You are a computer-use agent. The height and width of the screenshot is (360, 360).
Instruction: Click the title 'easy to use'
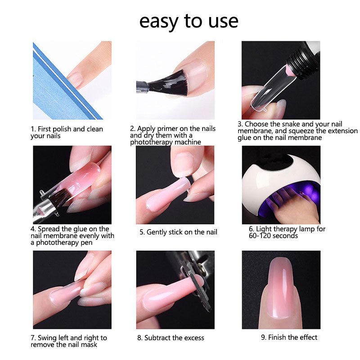coord(189,22)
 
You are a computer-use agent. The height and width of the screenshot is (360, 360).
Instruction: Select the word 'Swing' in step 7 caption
coord(47,338)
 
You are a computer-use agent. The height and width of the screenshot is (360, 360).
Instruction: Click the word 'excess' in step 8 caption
coord(194,338)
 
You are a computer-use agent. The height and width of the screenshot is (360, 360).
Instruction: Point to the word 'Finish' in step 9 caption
coord(277,337)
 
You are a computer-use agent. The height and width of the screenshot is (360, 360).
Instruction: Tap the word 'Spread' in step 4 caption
coord(49,229)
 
